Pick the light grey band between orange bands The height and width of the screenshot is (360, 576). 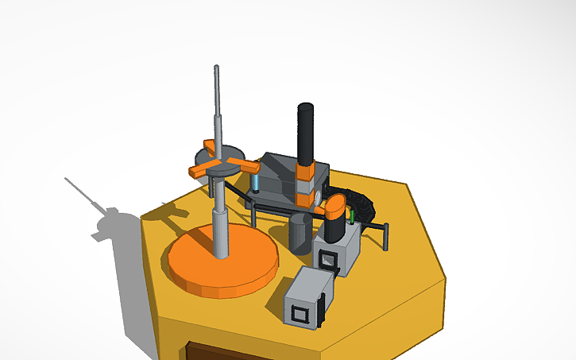point(305,185)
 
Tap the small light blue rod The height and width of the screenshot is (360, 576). point(257,184)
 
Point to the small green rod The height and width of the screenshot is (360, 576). point(350,215)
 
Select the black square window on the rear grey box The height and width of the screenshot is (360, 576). point(327,258)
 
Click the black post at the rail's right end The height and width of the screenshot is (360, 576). point(386,236)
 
